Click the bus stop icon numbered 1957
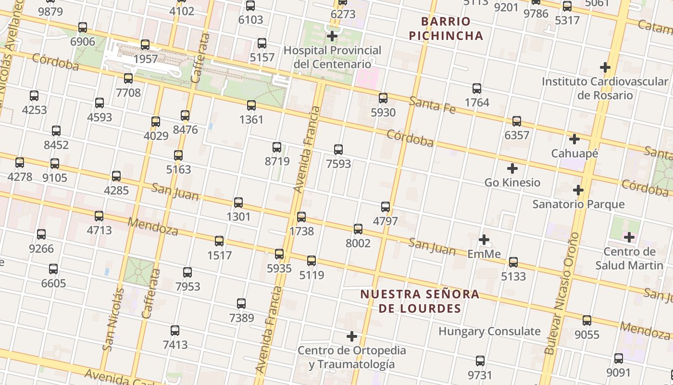(x=145, y=45)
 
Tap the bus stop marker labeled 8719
(x=277, y=147)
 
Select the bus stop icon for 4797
(x=386, y=207)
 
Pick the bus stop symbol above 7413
(x=175, y=331)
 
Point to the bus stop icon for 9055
(x=587, y=321)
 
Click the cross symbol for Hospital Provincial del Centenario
(x=332, y=36)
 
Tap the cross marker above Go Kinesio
(x=512, y=168)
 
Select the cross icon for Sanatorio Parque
(x=578, y=190)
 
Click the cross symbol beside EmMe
(x=484, y=240)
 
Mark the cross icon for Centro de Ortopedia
(x=352, y=336)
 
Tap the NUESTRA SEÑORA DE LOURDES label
(x=420, y=301)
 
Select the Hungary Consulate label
(x=489, y=331)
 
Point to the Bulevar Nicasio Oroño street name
(x=561, y=294)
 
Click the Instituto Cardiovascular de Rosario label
(x=605, y=88)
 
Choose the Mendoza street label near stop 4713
(x=153, y=227)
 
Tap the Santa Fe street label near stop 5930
(x=432, y=105)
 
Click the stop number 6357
(x=517, y=135)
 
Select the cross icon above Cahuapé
(x=574, y=140)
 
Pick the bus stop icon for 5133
(x=513, y=262)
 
